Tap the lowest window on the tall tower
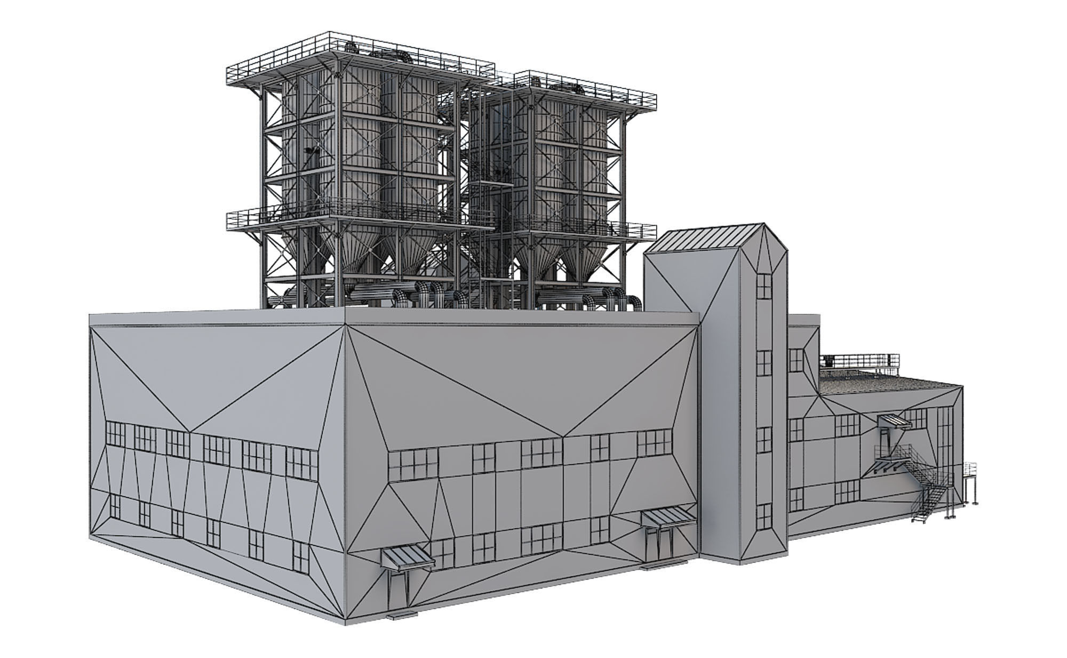coord(764,516)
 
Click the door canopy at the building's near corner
coord(407,558)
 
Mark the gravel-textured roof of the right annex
coord(886,383)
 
